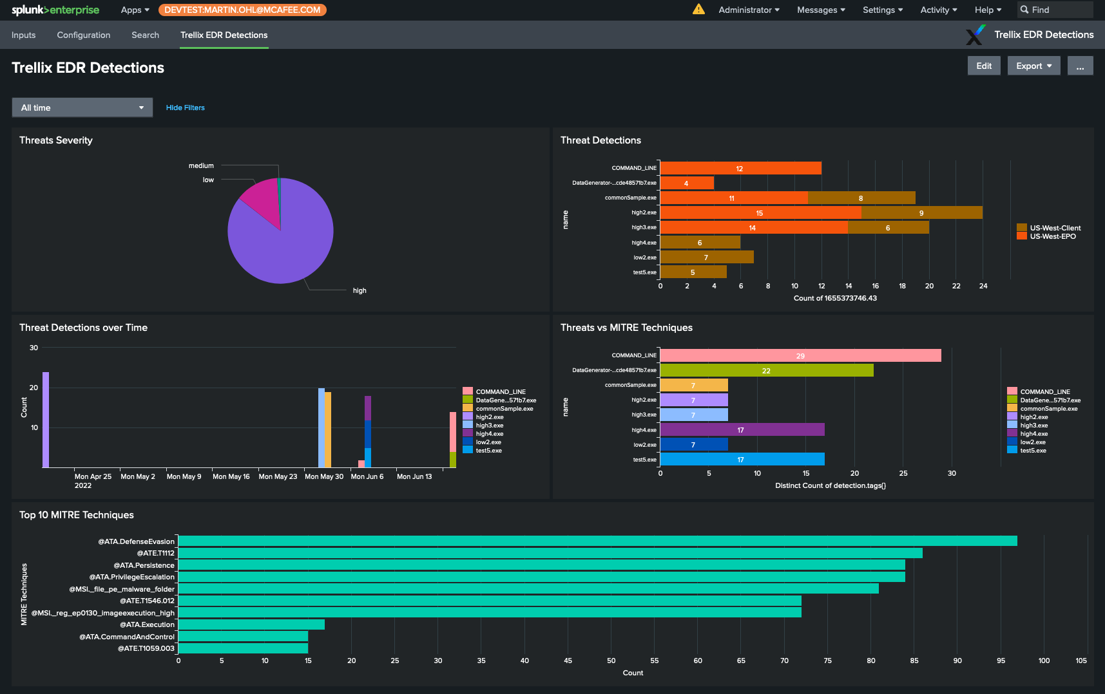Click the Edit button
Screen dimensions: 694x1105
[983, 66]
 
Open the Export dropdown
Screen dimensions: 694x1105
[1033, 66]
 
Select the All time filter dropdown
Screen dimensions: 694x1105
[82, 108]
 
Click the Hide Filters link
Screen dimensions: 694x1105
[185, 108]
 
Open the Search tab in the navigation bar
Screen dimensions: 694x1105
[145, 35]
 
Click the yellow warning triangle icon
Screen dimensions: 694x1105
[698, 10]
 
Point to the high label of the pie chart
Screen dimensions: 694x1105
[360, 290]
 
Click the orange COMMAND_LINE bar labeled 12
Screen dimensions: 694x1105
[740, 168]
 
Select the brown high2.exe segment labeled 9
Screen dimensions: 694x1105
[921, 212]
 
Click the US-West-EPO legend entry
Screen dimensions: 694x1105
[1052, 236]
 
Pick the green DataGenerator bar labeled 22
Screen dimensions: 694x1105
[766, 370]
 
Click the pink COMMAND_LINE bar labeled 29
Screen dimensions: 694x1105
[800, 355]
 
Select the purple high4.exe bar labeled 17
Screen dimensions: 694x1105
[742, 429]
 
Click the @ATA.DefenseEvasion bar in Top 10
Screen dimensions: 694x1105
[597, 541]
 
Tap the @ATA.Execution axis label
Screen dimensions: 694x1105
[147, 624]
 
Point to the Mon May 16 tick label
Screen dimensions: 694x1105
[231, 476]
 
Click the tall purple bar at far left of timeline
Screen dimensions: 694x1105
[46, 419]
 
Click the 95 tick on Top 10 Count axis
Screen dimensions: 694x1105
[1001, 661]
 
